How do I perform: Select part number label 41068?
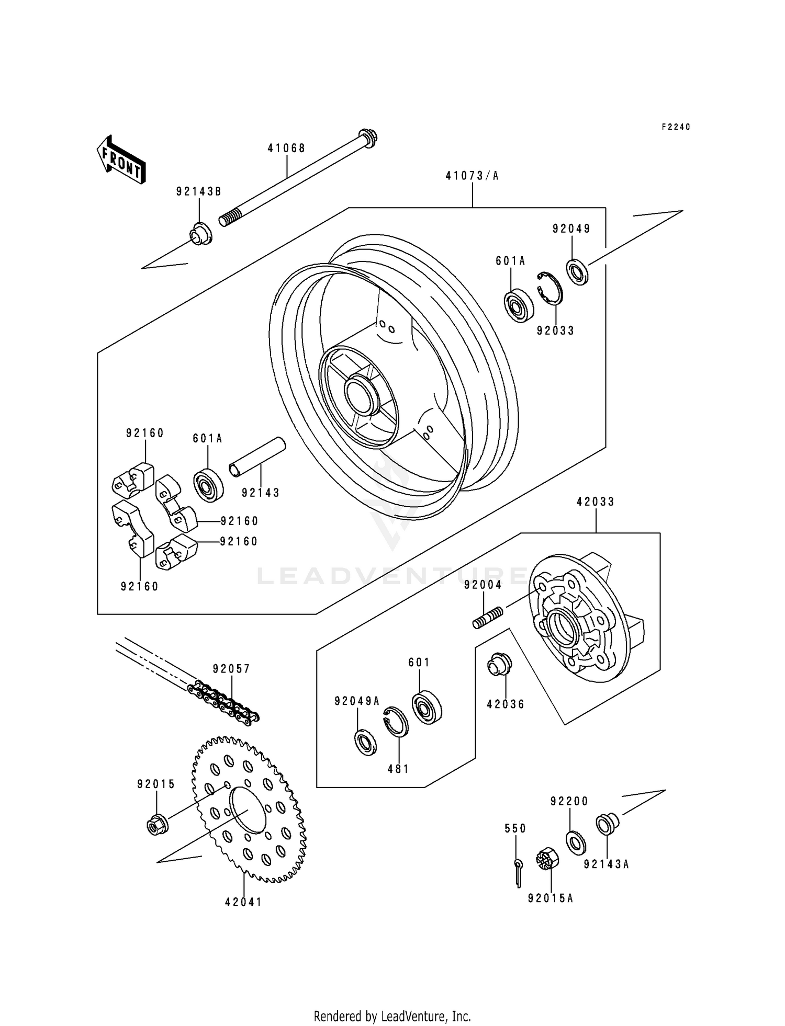286,149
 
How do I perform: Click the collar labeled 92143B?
200,233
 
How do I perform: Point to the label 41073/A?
472,176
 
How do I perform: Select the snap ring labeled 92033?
550,288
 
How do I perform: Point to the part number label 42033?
596,502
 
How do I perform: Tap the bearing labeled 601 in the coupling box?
427,708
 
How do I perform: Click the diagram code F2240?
676,127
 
